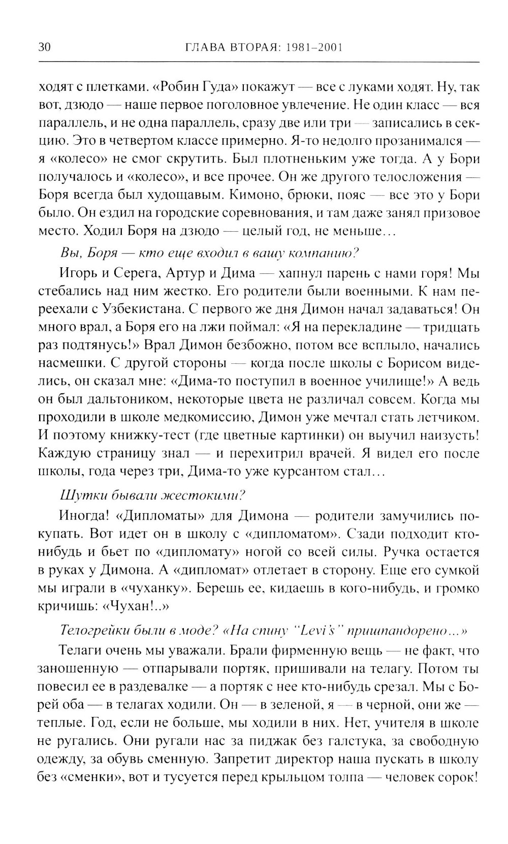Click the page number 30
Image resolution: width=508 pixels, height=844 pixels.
click(44, 48)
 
